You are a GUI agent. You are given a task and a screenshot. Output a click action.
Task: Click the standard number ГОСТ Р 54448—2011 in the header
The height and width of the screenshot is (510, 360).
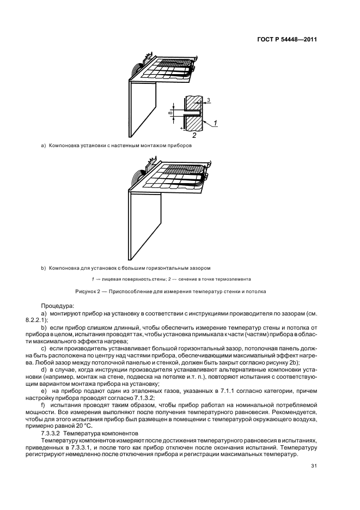click(x=286, y=40)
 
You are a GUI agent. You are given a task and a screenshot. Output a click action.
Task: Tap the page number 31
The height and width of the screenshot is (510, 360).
click(x=314, y=466)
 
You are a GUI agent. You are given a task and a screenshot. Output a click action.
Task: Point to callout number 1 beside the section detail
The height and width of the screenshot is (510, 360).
click(x=216, y=124)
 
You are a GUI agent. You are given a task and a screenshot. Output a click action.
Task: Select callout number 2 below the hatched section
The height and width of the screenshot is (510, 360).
click(x=194, y=135)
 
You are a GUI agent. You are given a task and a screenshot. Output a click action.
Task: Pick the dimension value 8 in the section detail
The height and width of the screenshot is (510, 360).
click(x=170, y=113)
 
